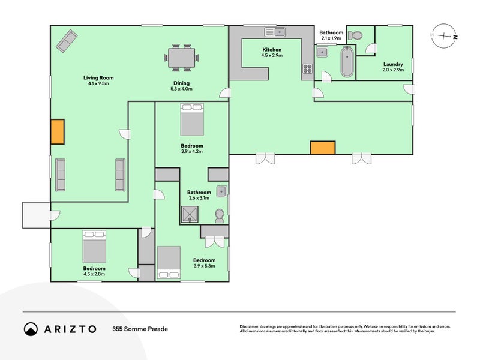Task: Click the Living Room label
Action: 98,78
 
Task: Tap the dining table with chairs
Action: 182,58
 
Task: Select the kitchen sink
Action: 275,32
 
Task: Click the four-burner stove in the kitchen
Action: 307,68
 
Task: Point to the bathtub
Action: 347,62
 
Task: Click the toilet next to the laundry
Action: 355,35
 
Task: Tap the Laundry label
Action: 393,64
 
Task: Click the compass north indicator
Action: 455,37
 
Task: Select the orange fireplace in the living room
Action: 57,131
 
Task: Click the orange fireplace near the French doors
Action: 323,148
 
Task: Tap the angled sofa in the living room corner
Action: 67,41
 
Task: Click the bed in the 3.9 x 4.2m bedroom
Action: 192,119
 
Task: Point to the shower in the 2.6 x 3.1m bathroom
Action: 190,214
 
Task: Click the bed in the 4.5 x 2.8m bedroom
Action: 94,247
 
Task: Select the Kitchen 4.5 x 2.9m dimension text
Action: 272,55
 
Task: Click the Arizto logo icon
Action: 31,329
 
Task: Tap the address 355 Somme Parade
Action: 140,329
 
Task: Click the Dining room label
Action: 182,83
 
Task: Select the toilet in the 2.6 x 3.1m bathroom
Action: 219,216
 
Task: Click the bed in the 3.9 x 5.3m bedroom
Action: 169,263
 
